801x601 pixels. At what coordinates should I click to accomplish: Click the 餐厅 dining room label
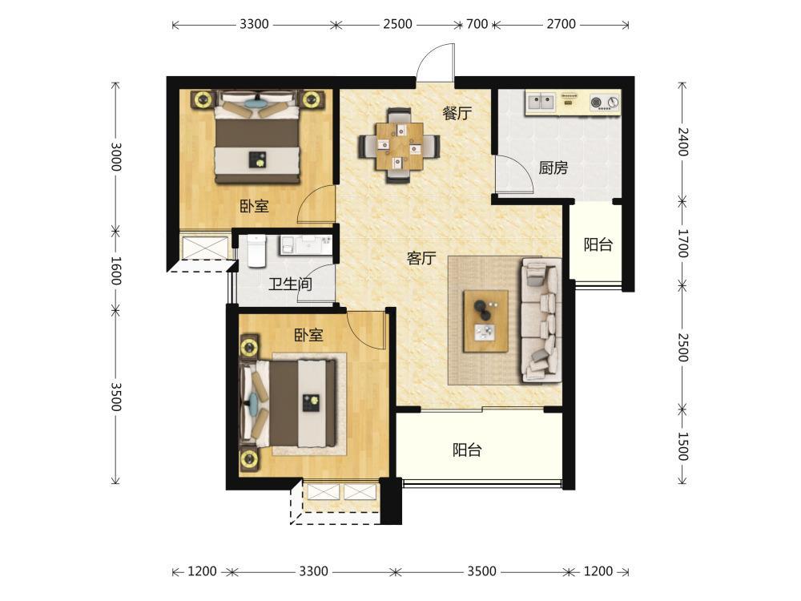point(457,114)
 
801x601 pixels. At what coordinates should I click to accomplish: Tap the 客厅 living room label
point(421,258)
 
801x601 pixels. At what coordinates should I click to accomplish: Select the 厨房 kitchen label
point(553,167)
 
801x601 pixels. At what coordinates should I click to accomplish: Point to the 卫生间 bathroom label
point(290,284)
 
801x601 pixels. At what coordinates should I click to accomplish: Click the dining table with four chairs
point(399,146)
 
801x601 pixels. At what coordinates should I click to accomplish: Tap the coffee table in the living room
point(486,321)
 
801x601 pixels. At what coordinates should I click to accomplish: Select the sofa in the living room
point(541,321)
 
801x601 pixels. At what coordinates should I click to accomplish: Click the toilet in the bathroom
point(256,251)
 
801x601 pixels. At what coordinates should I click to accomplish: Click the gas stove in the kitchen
point(604,103)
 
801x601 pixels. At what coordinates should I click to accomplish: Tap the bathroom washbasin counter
point(305,245)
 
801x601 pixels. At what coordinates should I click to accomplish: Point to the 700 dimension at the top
point(477,24)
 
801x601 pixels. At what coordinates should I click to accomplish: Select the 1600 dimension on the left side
point(116,271)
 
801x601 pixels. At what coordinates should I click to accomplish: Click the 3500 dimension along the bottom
point(481,571)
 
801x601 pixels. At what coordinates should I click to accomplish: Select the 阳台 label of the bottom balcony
point(467,450)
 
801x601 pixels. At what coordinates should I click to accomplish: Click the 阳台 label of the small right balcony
point(598,244)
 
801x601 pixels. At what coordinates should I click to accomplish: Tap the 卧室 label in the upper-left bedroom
point(255,207)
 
